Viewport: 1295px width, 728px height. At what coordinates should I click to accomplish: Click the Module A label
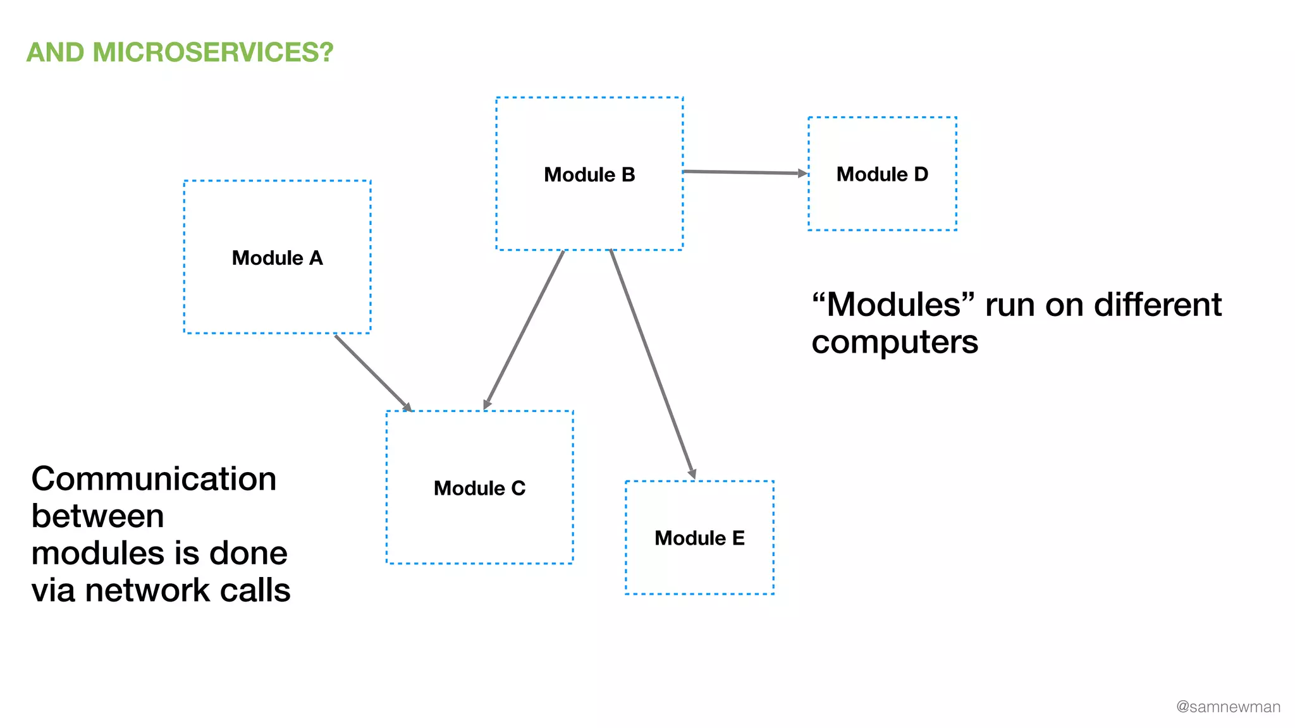277,258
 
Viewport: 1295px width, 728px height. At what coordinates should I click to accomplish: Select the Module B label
589,174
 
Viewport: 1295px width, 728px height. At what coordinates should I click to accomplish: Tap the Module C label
479,488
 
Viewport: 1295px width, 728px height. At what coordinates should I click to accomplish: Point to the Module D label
882,174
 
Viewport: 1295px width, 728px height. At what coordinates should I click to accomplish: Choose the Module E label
699,538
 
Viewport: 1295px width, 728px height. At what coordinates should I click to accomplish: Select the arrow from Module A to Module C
373,373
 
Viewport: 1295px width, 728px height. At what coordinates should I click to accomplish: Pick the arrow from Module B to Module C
524,329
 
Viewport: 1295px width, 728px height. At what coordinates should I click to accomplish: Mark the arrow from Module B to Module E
652,363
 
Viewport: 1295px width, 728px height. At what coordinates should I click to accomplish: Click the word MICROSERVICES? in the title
213,52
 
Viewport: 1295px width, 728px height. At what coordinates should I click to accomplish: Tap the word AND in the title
55,52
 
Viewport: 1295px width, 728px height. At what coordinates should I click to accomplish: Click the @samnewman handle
1228,707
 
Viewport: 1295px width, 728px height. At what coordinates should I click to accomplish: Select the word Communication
154,478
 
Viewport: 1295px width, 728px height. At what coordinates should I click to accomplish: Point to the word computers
895,342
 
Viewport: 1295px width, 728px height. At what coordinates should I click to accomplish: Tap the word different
1158,305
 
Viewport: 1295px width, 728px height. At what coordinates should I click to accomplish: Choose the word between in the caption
98,516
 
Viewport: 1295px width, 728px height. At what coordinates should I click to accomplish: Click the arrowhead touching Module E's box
692,474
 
